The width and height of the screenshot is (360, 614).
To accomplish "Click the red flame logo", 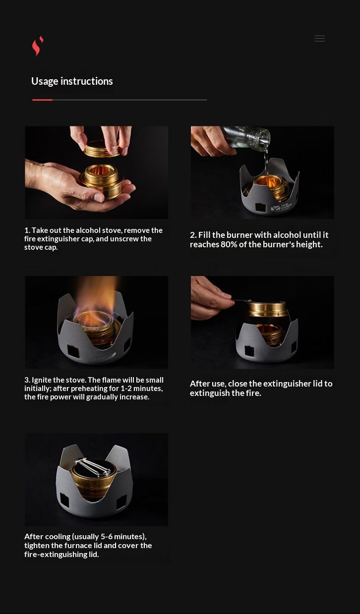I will tap(37, 46).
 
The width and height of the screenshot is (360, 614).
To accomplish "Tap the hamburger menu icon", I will tap(319, 39).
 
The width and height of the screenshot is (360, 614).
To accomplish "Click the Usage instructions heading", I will tap(72, 81).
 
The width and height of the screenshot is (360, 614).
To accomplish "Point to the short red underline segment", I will tap(42, 100).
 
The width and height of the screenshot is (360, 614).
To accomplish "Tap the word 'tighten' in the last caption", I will tap(40, 546).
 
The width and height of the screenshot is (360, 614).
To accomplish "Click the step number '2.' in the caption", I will tap(193, 235).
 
